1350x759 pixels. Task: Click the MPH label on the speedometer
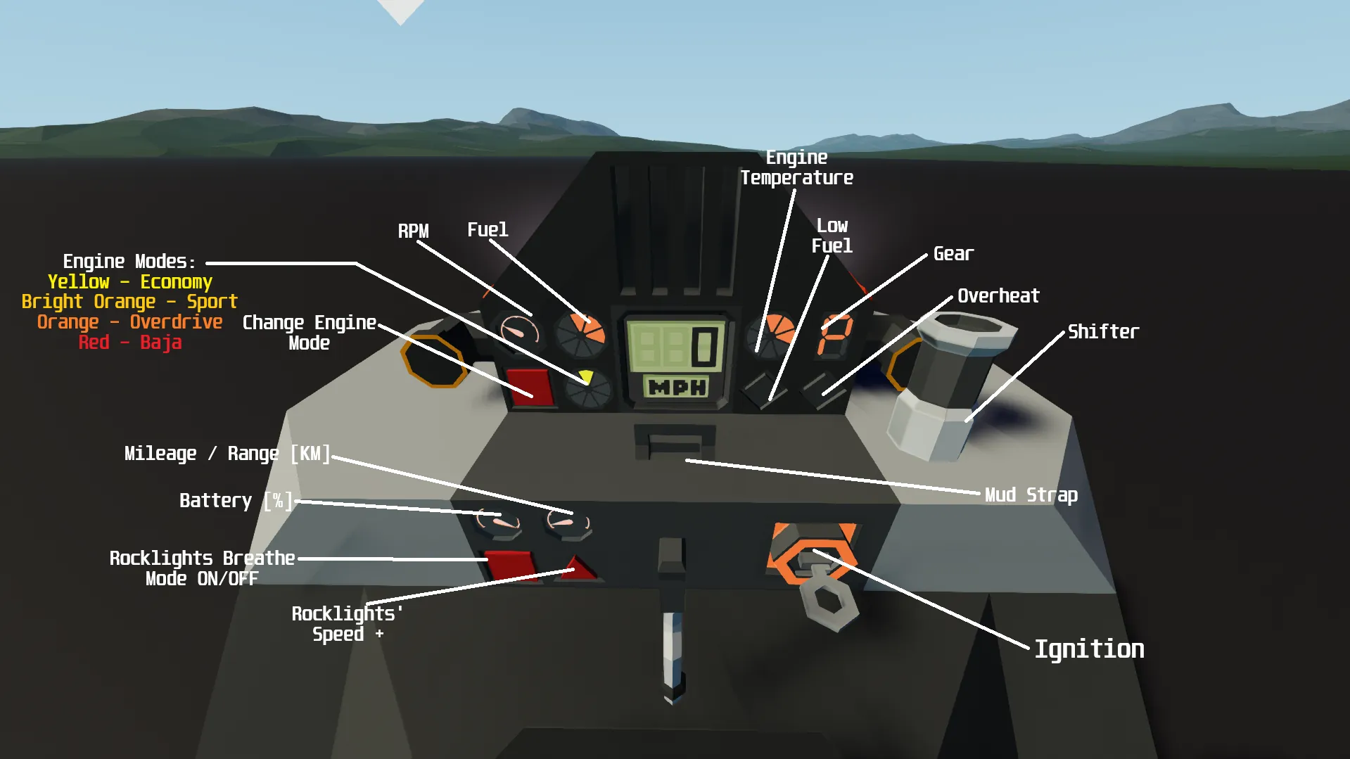click(677, 387)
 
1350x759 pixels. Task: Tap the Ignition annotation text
click(1089, 649)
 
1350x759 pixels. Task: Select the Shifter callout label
click(1103, 332)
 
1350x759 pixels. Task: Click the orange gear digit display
click(835, 336)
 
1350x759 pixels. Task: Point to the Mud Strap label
click(1031, 495)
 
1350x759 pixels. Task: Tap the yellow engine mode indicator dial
click(588, 388)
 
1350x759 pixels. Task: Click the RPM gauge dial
click(519, 331)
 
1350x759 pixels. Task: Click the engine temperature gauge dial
click(770, 334)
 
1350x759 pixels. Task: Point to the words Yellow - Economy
click(129, 282)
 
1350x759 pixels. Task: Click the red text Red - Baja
click(129, 343)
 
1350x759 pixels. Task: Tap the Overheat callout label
click(998, 296)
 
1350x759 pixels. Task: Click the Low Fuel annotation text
click(832, 236)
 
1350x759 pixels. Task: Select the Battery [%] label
click(236, 501)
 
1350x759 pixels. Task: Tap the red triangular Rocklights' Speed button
click(577, 568)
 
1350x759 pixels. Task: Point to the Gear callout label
click(953, 254)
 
